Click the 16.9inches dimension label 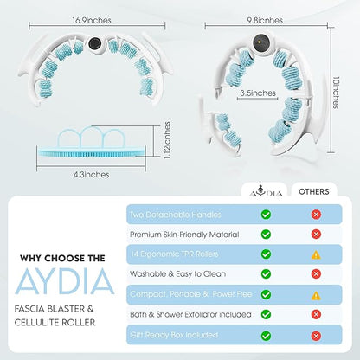point(92,21)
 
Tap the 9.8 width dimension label point(265,21)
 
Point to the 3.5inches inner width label point(258,93)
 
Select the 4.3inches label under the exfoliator point(91,175)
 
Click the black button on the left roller point(94,44)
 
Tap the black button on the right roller point(261,42)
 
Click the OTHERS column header point(314,191)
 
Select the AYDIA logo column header point(266,191)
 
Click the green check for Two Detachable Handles point(266,215)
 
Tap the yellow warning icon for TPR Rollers point(316,254)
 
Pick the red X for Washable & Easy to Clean point(316,273)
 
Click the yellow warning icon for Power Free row point(316,295)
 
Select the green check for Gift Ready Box point(266,336)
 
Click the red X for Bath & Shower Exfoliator point(316,314)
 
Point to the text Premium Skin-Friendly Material point(184,235)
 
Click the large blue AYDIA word point(65,281)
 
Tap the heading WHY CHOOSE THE point(62,258)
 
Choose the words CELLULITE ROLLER point(55,322)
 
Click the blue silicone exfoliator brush point(92,152)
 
